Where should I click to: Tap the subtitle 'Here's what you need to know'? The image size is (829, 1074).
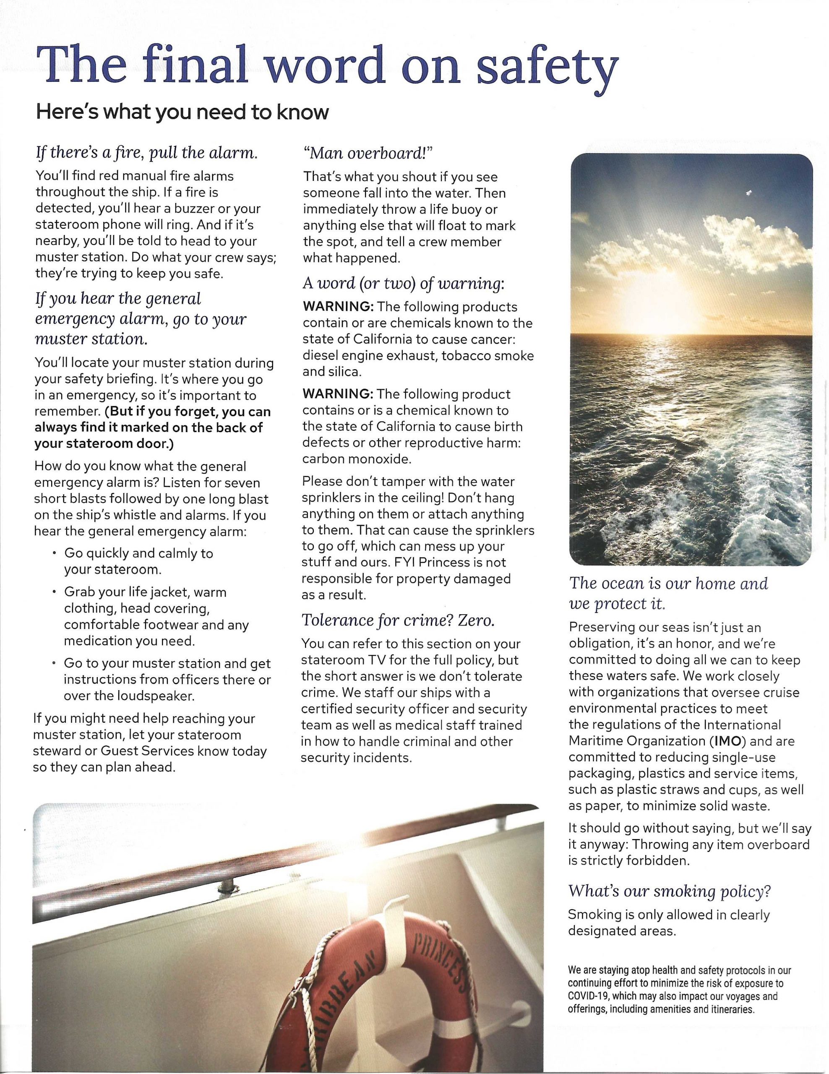[x=182, y=112]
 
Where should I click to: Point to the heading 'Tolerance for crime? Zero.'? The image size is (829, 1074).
[x=398, y=620]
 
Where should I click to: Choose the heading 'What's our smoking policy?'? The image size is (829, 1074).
[x=669, y=891]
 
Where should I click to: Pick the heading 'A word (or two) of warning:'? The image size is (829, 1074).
[x=403, y=283]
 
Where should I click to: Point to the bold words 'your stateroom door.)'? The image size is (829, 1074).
[x=104, y=443]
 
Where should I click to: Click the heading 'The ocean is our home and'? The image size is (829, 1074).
[x=668, y=583]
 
